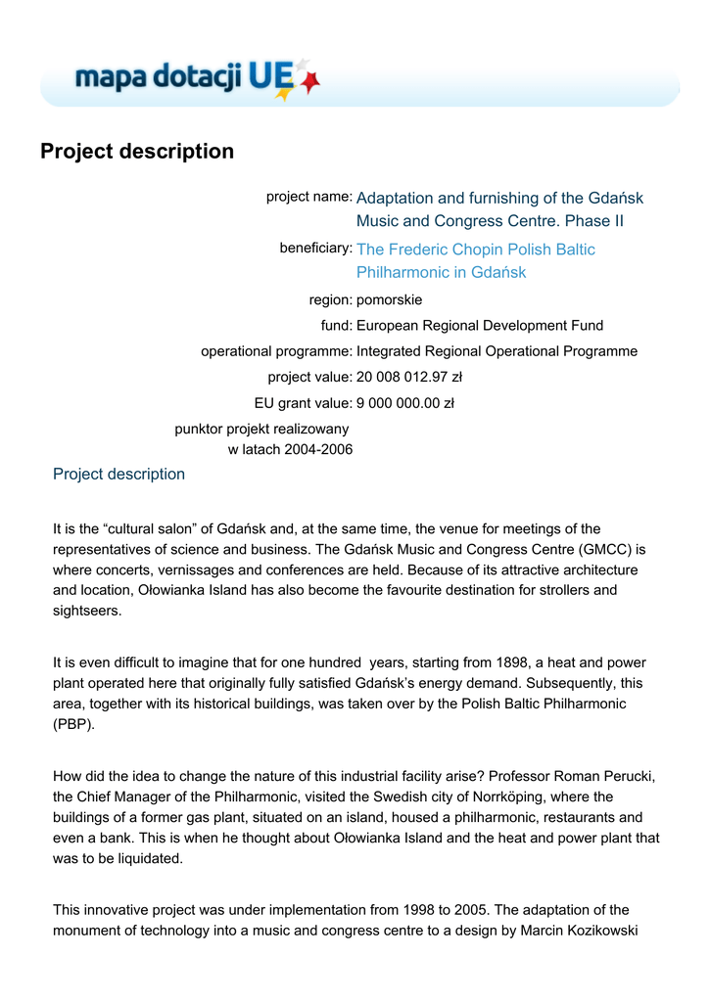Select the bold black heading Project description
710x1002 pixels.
tap(137, 152)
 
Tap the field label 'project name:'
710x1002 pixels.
tap(308, 197)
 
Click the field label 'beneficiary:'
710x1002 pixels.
tap(315, 249)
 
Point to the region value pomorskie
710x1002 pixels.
tap(390, 299)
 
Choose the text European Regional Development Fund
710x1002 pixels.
tap(480, 325)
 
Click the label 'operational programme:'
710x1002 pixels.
tap(276, 350)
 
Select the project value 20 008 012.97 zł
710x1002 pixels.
tap(409, 377)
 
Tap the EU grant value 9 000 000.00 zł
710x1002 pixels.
tap(405, 402)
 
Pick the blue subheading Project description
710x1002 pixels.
tap(118, 475)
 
